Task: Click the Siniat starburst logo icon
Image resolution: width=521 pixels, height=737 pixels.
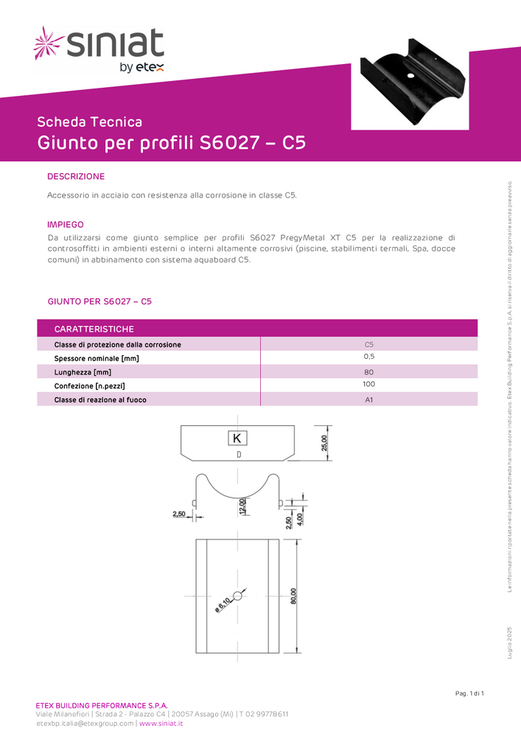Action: coord(49,43)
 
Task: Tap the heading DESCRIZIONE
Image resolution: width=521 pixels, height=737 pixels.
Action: coord(76,177)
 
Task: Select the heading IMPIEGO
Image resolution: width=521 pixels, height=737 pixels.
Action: coord(66,224)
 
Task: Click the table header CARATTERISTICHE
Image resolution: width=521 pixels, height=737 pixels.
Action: coord(94,329)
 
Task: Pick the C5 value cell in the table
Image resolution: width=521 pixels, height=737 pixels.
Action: coord(369,344)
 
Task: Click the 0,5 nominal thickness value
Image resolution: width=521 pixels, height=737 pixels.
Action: coord(369,357)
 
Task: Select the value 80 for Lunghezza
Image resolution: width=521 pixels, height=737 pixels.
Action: coord(369,372)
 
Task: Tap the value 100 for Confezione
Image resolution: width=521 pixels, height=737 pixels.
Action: coord(369,385)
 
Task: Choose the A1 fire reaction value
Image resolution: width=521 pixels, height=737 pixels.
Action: coord(369,399)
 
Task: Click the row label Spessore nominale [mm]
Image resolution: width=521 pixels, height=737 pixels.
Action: coord(97,358)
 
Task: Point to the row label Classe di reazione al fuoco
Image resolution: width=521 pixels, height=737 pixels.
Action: coord(100,399)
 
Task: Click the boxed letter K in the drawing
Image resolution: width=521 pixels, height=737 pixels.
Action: coord(237,439)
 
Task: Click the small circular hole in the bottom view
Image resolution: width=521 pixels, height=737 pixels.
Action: coord(237,595)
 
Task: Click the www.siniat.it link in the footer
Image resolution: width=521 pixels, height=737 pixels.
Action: coord(161,724)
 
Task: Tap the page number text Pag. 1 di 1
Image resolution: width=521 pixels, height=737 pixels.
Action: coord(469,694)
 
